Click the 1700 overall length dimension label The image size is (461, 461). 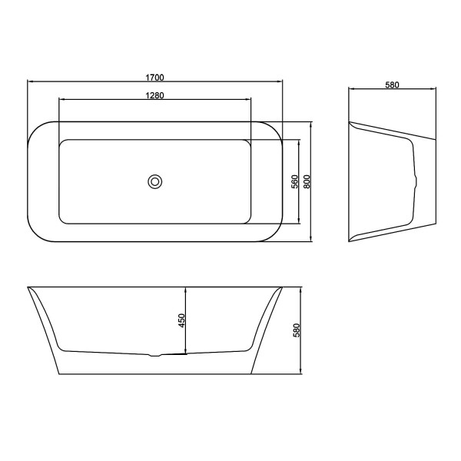tap(155, 77)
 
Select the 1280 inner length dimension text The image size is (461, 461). tap(155, 95)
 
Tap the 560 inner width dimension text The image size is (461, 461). tap(294, 181)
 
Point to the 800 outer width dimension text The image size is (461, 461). tap(307, 181)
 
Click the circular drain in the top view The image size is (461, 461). tap(155, 182)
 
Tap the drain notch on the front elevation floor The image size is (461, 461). tap(156, 355)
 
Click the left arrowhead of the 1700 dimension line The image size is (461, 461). tap(29, 81)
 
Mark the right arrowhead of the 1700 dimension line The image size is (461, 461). tap(280, 81)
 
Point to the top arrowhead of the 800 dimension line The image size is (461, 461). tap(311, 123)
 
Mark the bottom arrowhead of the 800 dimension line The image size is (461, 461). tap(311, 240)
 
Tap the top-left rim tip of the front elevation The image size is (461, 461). tap(28, 288)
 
